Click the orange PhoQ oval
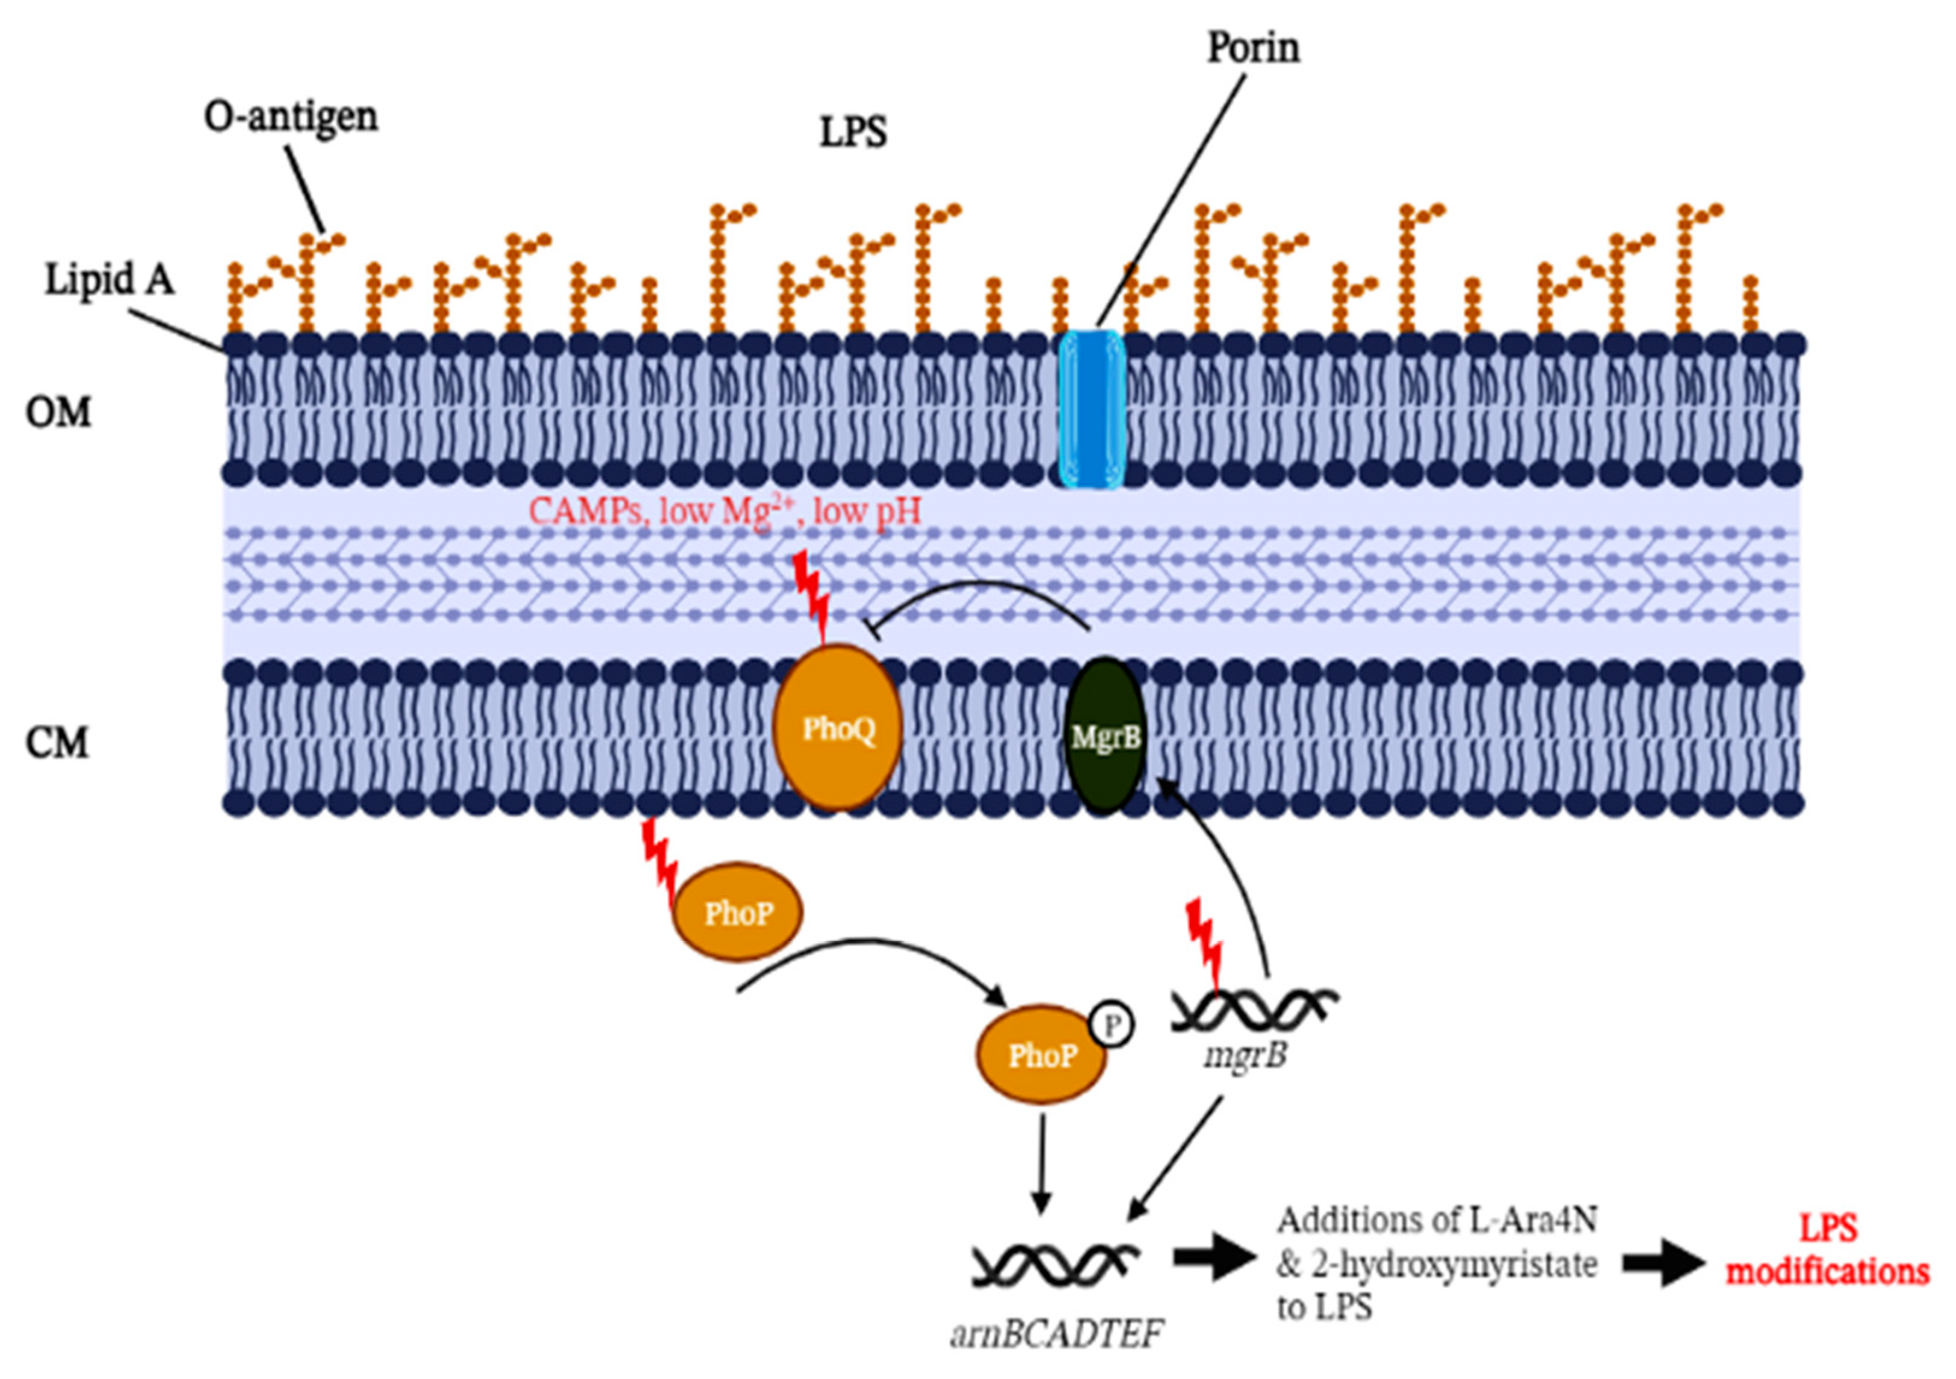tap(837, 728)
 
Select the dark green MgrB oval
tap(1105, 737)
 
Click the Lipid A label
tap(109, 279)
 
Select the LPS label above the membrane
tap(853, 132)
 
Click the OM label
tap(58, 413)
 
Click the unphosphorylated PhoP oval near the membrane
tap(738, 914)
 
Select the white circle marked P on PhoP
tap(1111, 1026)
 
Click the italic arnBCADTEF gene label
tap(1056, 1333)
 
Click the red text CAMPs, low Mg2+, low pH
tap(724, 511)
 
